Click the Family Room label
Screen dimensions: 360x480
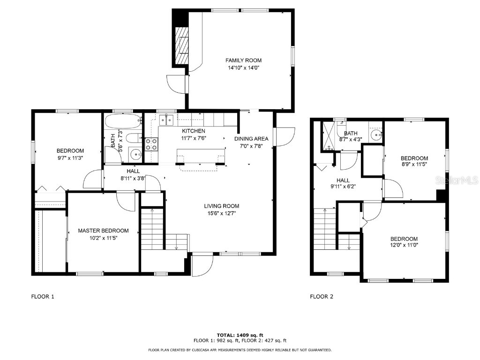tap(243, 60)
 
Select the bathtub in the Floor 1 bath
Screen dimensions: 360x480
tap(123, 122)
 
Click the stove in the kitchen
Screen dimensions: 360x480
tap(151, 144)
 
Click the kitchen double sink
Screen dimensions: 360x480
tap(166, 120)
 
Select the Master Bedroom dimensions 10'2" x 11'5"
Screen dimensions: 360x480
tap(103, 238)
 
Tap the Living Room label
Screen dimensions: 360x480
tap(221, 206)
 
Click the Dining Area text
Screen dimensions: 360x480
tap(251, 139)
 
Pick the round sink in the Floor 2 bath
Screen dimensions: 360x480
tap(375, 135)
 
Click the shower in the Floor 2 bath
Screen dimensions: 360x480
tap(329, 136)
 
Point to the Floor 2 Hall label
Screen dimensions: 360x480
tap(343, 180)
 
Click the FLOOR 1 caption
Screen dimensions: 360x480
tap(43, 296)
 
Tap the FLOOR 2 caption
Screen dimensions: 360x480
tap(322, 296)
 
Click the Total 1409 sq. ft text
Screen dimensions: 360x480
tap(240, 335)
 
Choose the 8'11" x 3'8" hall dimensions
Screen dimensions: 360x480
tap(133, 178)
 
